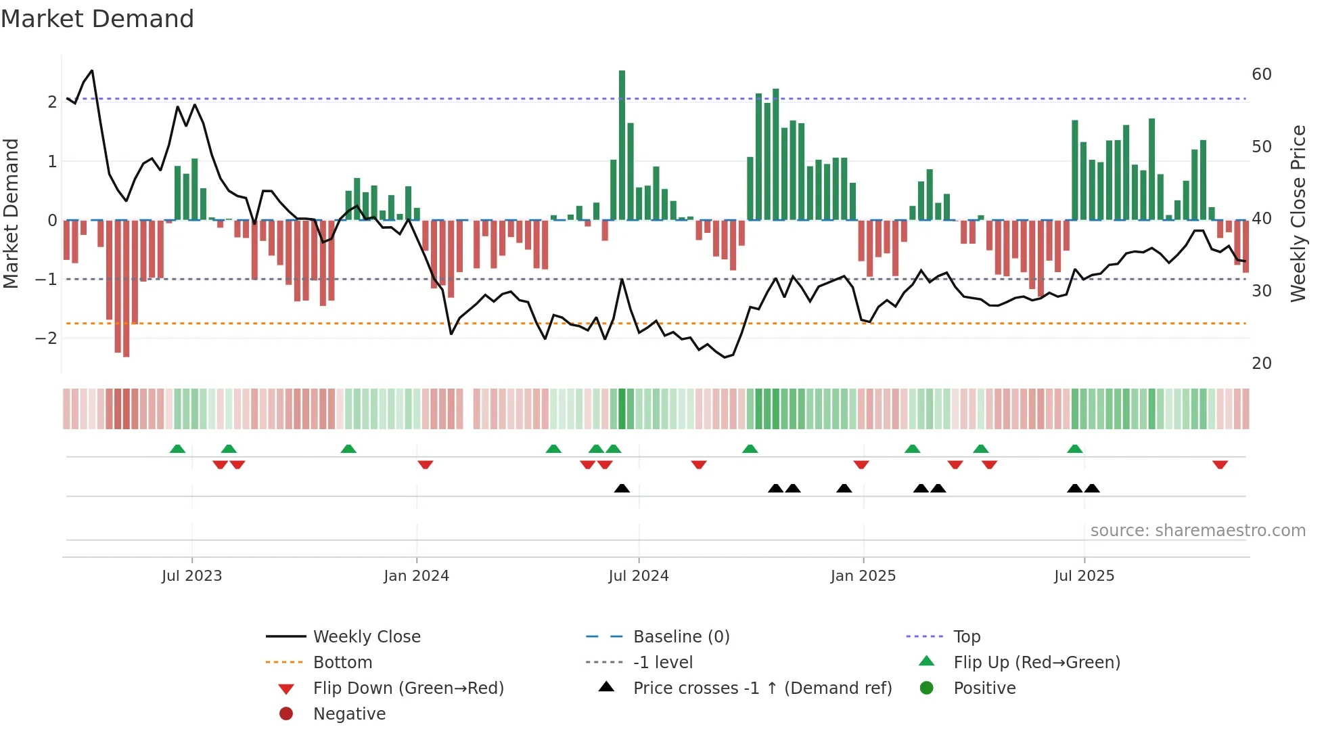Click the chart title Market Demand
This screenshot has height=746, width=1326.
point(97,19)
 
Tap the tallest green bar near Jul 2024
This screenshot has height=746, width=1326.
point(622,145)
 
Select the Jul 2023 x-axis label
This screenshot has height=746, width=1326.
point(191,576)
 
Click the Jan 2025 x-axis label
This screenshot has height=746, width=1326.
point(863,576)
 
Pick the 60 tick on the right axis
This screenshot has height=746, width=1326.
point(1261,74)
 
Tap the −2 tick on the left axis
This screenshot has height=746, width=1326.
point(47,338)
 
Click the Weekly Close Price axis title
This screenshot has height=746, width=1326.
point(1298,213)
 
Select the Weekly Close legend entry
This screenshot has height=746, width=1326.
point(366,637)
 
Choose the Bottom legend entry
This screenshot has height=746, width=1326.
point(342,663)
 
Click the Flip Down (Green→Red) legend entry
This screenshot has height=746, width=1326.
point(408,688)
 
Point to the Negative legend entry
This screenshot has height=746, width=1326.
point(349,714)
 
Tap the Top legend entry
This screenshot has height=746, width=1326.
point(966,637)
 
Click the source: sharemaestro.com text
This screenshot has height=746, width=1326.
point(1197,531)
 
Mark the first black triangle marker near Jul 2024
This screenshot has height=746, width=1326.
point(622,488)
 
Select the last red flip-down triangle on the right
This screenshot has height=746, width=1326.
point(1220,464)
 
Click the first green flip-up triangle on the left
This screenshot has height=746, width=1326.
point(177,449)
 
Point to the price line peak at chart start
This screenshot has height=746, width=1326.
point(92,70)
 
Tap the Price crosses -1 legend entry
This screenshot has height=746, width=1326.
point(762,688)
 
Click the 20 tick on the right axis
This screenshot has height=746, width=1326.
point(1261,364)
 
